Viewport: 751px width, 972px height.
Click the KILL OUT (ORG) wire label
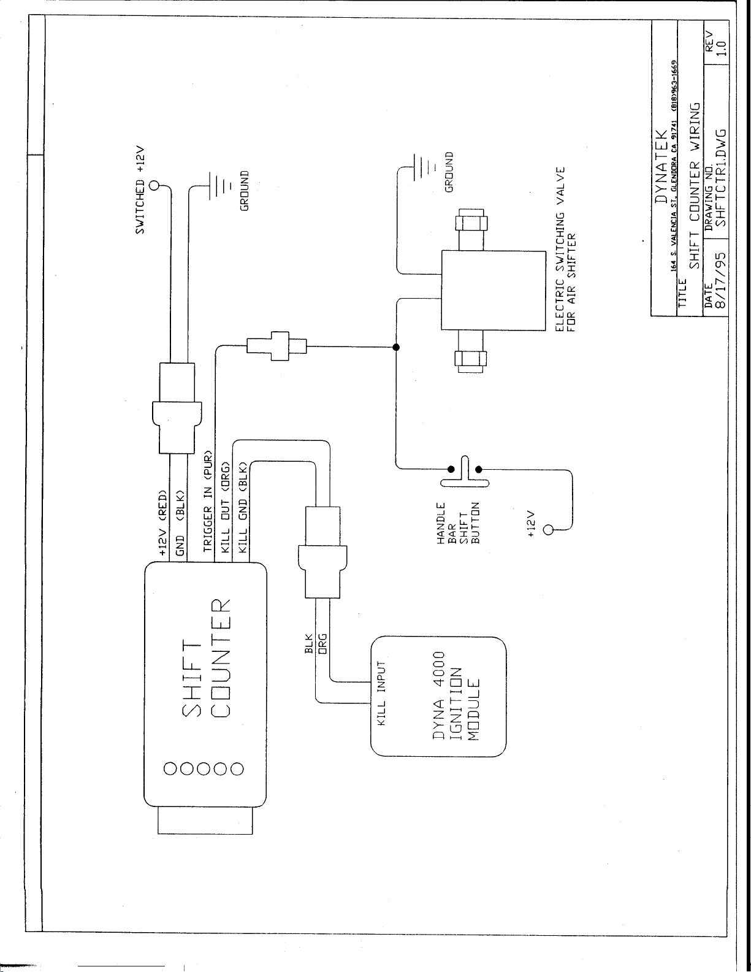tap(226, 507)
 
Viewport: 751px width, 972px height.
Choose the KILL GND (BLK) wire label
tap(243, 507)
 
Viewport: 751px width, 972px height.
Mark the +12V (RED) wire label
tap(162, 523)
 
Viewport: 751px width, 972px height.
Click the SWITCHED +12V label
tap(140, 189)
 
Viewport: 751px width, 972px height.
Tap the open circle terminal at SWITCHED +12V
tap(154, 185)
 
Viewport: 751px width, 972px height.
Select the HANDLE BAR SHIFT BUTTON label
tap(458, 523)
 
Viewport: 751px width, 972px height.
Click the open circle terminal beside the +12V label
tap(548, 530)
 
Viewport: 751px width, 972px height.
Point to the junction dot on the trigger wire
tap(395, 347)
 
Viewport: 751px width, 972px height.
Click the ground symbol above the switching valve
tap(422, 167)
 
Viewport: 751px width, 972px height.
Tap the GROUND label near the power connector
tap(244, 191)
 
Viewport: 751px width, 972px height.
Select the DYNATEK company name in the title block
tap(661, 166)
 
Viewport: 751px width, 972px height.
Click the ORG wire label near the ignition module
tap(322, 644)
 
